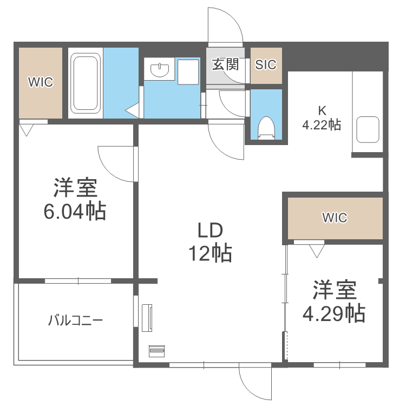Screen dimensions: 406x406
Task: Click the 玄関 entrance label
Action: [225, 64]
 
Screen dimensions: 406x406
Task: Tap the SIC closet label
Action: [266, 64]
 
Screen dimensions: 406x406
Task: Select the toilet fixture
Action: [266, 128]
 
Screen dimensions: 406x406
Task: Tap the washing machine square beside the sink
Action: [188, 71]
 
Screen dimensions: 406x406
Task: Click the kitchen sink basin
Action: [368, 129]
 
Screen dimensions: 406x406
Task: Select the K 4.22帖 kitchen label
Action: [322, 117]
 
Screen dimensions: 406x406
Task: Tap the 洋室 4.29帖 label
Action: [333, 301]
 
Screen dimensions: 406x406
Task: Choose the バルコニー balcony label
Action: [75, 320]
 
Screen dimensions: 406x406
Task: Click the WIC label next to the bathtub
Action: [41, 82]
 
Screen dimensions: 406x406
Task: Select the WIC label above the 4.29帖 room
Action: [335, 218]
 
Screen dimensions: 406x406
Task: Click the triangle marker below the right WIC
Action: [316, 250]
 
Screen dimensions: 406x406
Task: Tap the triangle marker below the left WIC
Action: [26, 130]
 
